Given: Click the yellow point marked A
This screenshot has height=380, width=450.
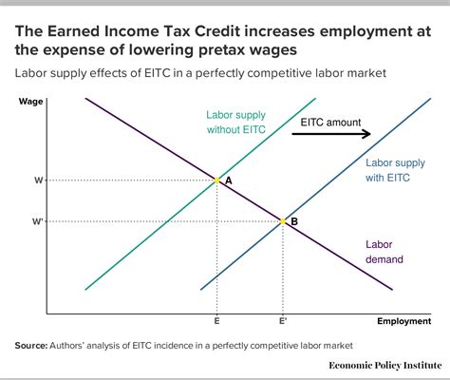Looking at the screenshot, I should pyautogui.click(x=217, y=180).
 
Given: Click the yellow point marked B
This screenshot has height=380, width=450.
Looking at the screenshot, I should pyautogui.click(x=282, y=221).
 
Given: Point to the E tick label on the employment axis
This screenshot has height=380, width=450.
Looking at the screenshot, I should pyautogui.click(x=217, y=323).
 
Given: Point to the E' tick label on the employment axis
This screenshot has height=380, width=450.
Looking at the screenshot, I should pyautogui.click(x=283, y=323).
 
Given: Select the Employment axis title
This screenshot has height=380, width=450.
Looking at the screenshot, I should pyautogui.click(x=403, y=323).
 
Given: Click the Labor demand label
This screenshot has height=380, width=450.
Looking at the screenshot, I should pyautogui.click(x=384, y=251).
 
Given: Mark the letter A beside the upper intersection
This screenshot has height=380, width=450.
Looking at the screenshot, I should pyautogui.click(x=229, y=181).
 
